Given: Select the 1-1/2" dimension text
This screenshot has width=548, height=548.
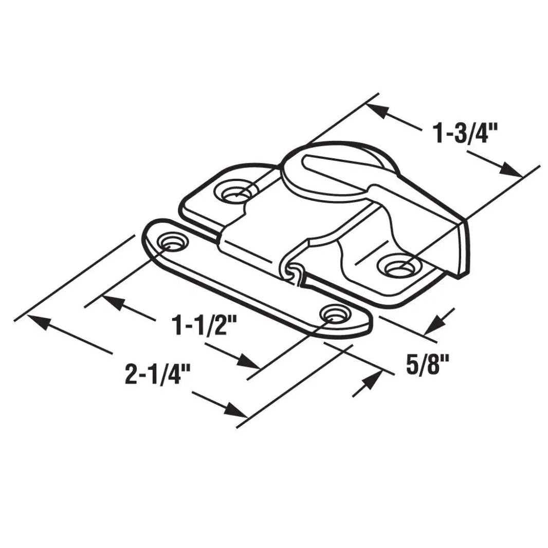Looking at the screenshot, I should (205, 326).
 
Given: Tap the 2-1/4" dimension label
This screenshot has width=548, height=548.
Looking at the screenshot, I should (154, 374).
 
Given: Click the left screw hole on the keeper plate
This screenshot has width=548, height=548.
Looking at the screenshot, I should (172, 242).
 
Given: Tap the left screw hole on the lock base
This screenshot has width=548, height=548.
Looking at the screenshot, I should (234, 192).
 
